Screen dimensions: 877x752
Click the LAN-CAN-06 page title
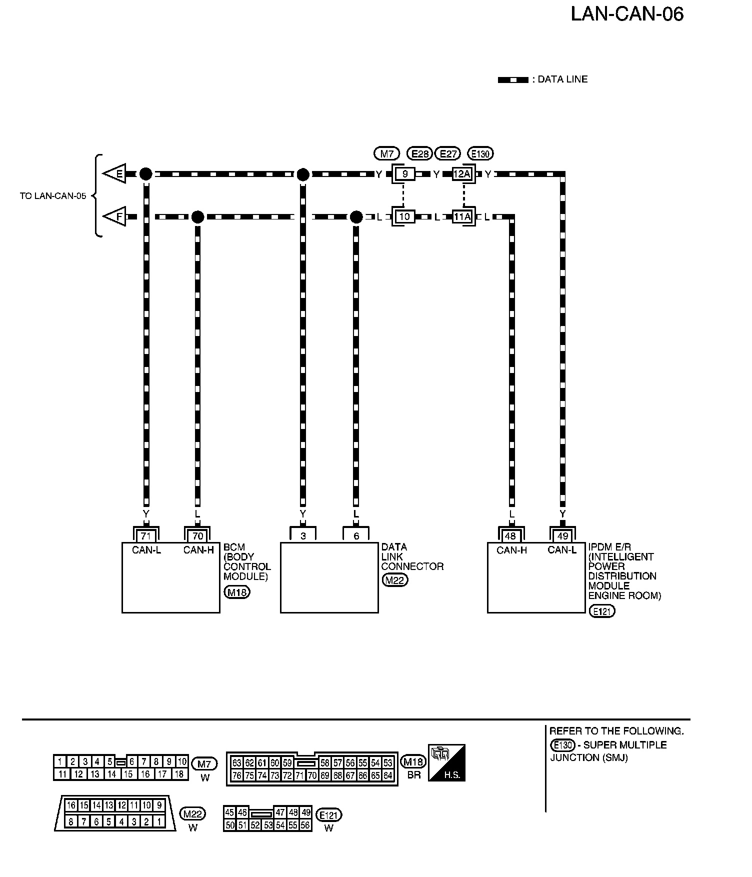point(627,14)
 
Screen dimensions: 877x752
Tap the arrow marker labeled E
point(115,174)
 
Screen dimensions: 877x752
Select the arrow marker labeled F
point(115,217)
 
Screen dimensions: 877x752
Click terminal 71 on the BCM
point(146,536)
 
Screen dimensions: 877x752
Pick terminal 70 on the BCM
point(198,536)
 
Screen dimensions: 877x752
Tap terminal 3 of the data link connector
point(303,536)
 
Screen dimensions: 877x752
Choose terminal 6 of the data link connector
point(356,536)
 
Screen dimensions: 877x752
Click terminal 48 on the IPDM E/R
point(510,536)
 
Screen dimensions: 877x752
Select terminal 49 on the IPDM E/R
point(563,536)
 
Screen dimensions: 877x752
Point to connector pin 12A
point(462,174)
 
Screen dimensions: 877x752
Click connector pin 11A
point(462,217)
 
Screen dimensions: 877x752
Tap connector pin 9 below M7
point(405,174)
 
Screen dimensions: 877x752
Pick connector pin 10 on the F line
point(404,217)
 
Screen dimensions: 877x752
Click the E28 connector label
point(419,153)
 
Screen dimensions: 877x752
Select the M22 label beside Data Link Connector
point(395,580)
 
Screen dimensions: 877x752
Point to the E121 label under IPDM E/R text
point(602,611)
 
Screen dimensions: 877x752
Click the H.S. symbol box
point(447,763)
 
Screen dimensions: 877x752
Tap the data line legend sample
point(513,80)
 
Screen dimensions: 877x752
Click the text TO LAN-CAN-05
point(53,196)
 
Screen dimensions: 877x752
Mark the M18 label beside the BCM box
point(237,592)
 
